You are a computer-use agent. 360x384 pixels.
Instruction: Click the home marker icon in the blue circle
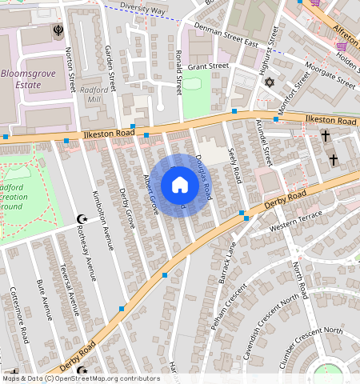click(180, 186)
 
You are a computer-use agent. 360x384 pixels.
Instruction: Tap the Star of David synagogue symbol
click(269, 82)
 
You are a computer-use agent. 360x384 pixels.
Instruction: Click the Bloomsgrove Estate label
click(32, 77)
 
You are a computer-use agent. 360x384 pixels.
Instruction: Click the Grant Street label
click(209, 66)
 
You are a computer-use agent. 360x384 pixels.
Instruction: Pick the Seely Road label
click(234, 163)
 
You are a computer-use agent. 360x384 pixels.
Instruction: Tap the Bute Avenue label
click(47, 301)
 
